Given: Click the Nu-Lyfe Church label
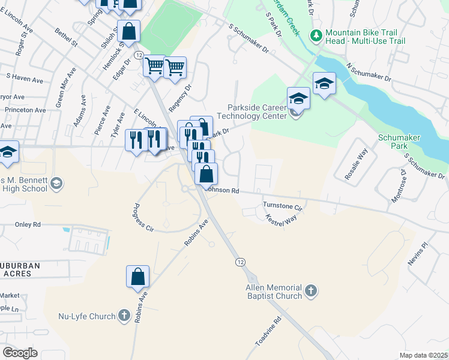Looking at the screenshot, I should coord(85,316).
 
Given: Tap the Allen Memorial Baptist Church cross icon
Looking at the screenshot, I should coord(310,292).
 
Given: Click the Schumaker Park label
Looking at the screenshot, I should coord(399,142).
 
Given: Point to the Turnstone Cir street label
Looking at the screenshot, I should coord(282,206).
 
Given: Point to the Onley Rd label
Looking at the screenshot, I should coord(28,224).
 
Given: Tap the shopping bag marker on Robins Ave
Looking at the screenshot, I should coord(137,277).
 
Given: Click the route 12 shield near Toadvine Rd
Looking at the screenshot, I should coord(240,262).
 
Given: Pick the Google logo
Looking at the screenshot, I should coord(20,352).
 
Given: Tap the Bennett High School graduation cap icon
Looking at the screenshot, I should coord(56,182).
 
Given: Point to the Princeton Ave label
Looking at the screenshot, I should coord(25,110).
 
